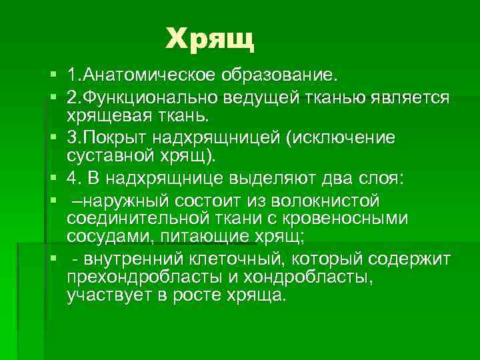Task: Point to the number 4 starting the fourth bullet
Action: [x=72, y=178]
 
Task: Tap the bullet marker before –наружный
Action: [x=53, y=201]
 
